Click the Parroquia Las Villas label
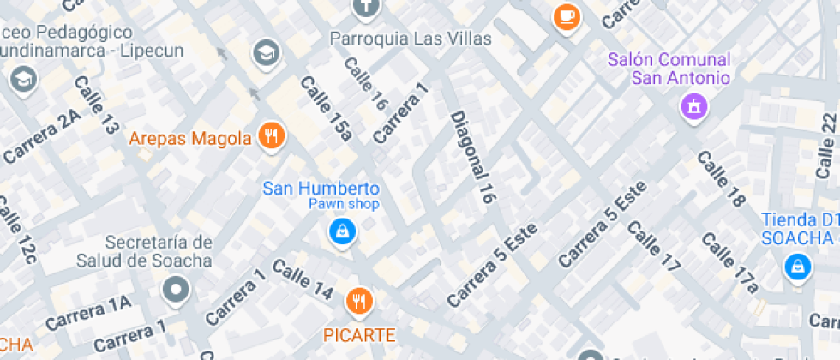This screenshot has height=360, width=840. coord(411,39)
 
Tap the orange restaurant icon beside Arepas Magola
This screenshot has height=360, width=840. coord(273,135)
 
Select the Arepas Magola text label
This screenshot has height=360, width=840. coord(190,137)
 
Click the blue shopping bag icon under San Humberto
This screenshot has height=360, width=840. coord(342,230)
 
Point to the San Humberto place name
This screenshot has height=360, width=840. coord(321,188)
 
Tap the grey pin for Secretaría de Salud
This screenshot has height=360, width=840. coord(177,291)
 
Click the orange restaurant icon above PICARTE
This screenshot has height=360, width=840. coord(358,301)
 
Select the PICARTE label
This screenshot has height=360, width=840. coord(359,334)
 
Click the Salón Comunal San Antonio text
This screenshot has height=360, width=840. coord(669,69)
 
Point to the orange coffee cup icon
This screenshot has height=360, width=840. coord(566,15)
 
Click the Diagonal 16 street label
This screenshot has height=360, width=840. coord(473,157)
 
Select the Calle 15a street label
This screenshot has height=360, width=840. coord(326,107)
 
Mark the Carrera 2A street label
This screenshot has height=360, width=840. coord(42,138)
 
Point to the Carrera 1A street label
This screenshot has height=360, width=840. coord(88,313)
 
